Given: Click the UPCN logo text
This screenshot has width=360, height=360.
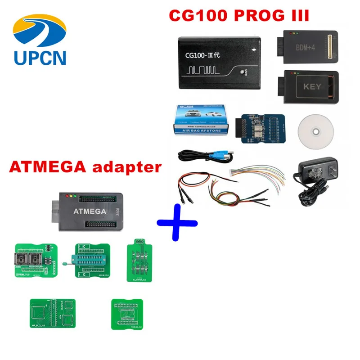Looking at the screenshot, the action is [40, 57].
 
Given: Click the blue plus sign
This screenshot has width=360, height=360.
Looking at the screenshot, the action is [176, 221].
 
